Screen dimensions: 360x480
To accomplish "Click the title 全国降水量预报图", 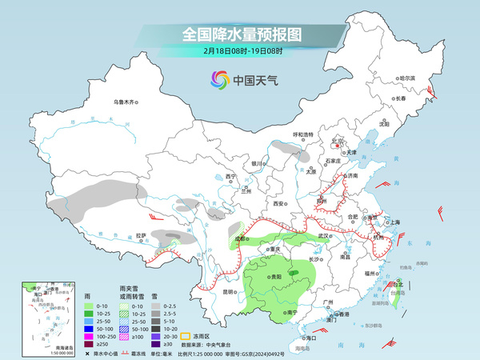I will point(241,34).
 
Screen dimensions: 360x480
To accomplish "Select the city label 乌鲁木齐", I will point(126,102).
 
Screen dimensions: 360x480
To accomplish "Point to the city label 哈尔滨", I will point(407,78).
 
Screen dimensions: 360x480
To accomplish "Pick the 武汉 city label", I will point(323,236).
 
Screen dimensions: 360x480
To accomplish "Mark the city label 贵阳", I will point(276,274).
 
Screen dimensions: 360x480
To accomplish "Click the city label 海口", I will point(311,338).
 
